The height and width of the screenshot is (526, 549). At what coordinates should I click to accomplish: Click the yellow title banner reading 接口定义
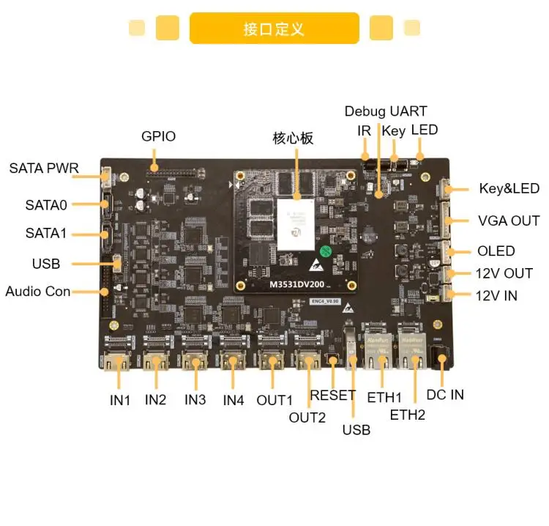[274, 29]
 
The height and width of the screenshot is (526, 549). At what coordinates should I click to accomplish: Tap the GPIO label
[158, 136]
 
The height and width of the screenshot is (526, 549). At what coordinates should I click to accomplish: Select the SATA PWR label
[44, 168]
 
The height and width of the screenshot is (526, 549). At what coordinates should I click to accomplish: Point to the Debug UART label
[386, 111]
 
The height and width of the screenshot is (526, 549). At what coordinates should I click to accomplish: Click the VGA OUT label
[509, 221]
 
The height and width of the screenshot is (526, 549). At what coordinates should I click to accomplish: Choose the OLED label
[496, 251]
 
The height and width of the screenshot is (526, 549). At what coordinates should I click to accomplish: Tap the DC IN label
[445, 394]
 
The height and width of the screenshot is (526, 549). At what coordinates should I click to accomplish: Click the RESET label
[333, 395]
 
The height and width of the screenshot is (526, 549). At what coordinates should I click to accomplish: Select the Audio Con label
[38, 291]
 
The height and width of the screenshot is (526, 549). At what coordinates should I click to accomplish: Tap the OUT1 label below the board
[274, 400]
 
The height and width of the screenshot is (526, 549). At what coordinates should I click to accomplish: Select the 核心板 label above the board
[294, 137]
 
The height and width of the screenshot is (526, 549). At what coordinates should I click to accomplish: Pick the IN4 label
[233, 400]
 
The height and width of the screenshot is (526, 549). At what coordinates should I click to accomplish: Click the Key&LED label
[509, 188]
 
